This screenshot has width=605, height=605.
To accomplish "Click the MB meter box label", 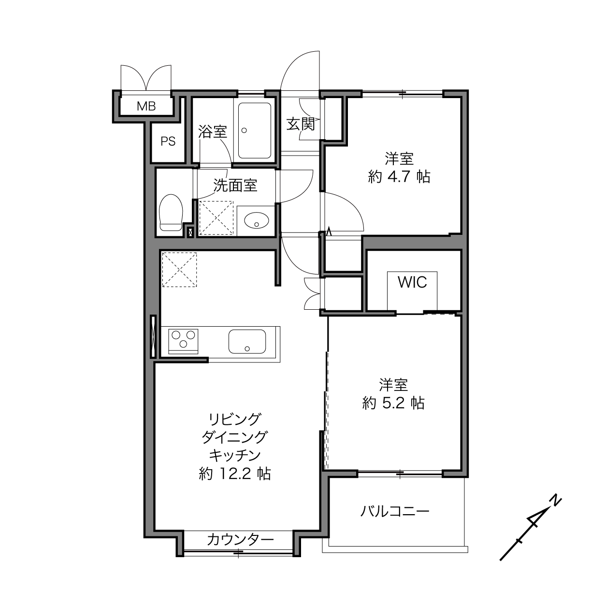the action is coord(146,106).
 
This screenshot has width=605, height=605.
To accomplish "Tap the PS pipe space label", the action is coord(168,141).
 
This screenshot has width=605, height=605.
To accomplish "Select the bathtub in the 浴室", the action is coord(254,130).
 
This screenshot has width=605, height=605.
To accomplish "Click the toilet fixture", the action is coord(171,213).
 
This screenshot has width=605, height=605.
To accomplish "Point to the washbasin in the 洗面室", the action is coord(257,220).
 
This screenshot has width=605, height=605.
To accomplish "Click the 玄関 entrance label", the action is coord(301,124).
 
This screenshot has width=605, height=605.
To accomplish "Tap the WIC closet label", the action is coord(412,282).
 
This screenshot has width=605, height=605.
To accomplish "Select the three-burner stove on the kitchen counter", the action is coord(183,341).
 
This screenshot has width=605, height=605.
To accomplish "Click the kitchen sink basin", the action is coord(247,342).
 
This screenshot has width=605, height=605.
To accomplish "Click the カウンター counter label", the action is coord(240,540).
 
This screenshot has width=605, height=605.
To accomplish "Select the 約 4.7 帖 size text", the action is coord(399,177).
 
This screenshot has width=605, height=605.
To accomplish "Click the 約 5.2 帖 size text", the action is coord(393,403).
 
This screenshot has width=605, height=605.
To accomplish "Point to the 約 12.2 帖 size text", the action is coord(235,474).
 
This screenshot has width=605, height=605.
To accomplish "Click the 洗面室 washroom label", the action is coord(235,185).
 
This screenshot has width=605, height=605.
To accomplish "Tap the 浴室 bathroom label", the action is coord(213,131).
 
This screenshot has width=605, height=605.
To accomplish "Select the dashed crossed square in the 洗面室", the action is coord(216,218).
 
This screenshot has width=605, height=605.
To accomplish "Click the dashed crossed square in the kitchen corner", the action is coord(179,270).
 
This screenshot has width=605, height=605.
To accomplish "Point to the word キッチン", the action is coord(235,455).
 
